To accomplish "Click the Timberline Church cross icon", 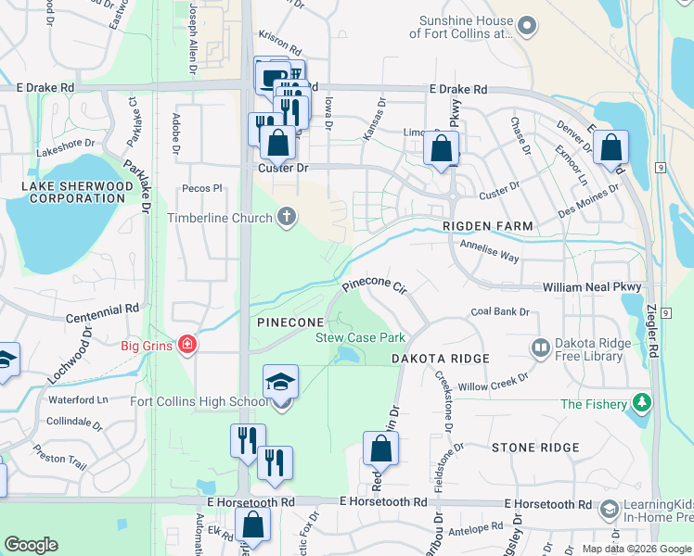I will (287, 218).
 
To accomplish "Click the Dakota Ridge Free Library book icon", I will (540, 347).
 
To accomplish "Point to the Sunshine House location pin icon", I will (527, 26).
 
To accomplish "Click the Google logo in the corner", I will (31, 544).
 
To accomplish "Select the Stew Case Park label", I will (360, 338).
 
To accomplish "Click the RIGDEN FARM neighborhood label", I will (487, 226).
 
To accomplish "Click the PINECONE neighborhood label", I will (287, 321).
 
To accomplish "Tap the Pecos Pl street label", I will (203, 188).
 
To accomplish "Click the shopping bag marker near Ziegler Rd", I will (610, 148).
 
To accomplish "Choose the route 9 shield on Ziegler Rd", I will (658, 167).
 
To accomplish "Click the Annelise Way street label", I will (489, 249).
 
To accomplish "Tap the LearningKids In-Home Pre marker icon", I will (609, 509).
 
